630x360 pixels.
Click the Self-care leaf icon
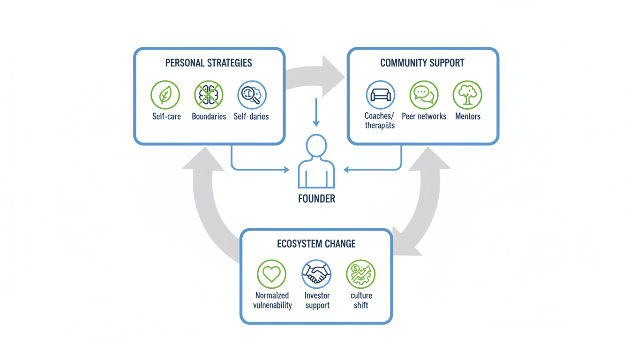tap(165, 95)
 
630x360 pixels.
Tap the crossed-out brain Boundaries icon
tap(209, 95)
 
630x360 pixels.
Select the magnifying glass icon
tap(252, 95)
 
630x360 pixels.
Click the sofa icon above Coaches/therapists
tap(380, 95)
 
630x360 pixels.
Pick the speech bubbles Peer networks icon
tap(424, 95)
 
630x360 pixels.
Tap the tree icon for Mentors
tap(467, 95)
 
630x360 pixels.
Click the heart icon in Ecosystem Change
tap(271, 274)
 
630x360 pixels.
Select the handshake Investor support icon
tap(316, 274)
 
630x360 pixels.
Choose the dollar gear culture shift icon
tap(361, 274)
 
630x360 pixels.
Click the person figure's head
tap(316, 145)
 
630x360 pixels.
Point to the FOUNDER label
tap(316, 199)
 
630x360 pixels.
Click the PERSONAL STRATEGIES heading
tap(209, 63)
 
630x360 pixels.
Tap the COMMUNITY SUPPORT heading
tap(422, 63)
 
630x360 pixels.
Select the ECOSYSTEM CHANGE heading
tap(316, 244)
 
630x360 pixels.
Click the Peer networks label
tap(424, 116)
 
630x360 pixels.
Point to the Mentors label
tap(467, 116)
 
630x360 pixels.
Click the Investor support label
tap(317, 300)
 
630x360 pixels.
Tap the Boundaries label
tap(209, 116)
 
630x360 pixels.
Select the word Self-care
tap(166, 116)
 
